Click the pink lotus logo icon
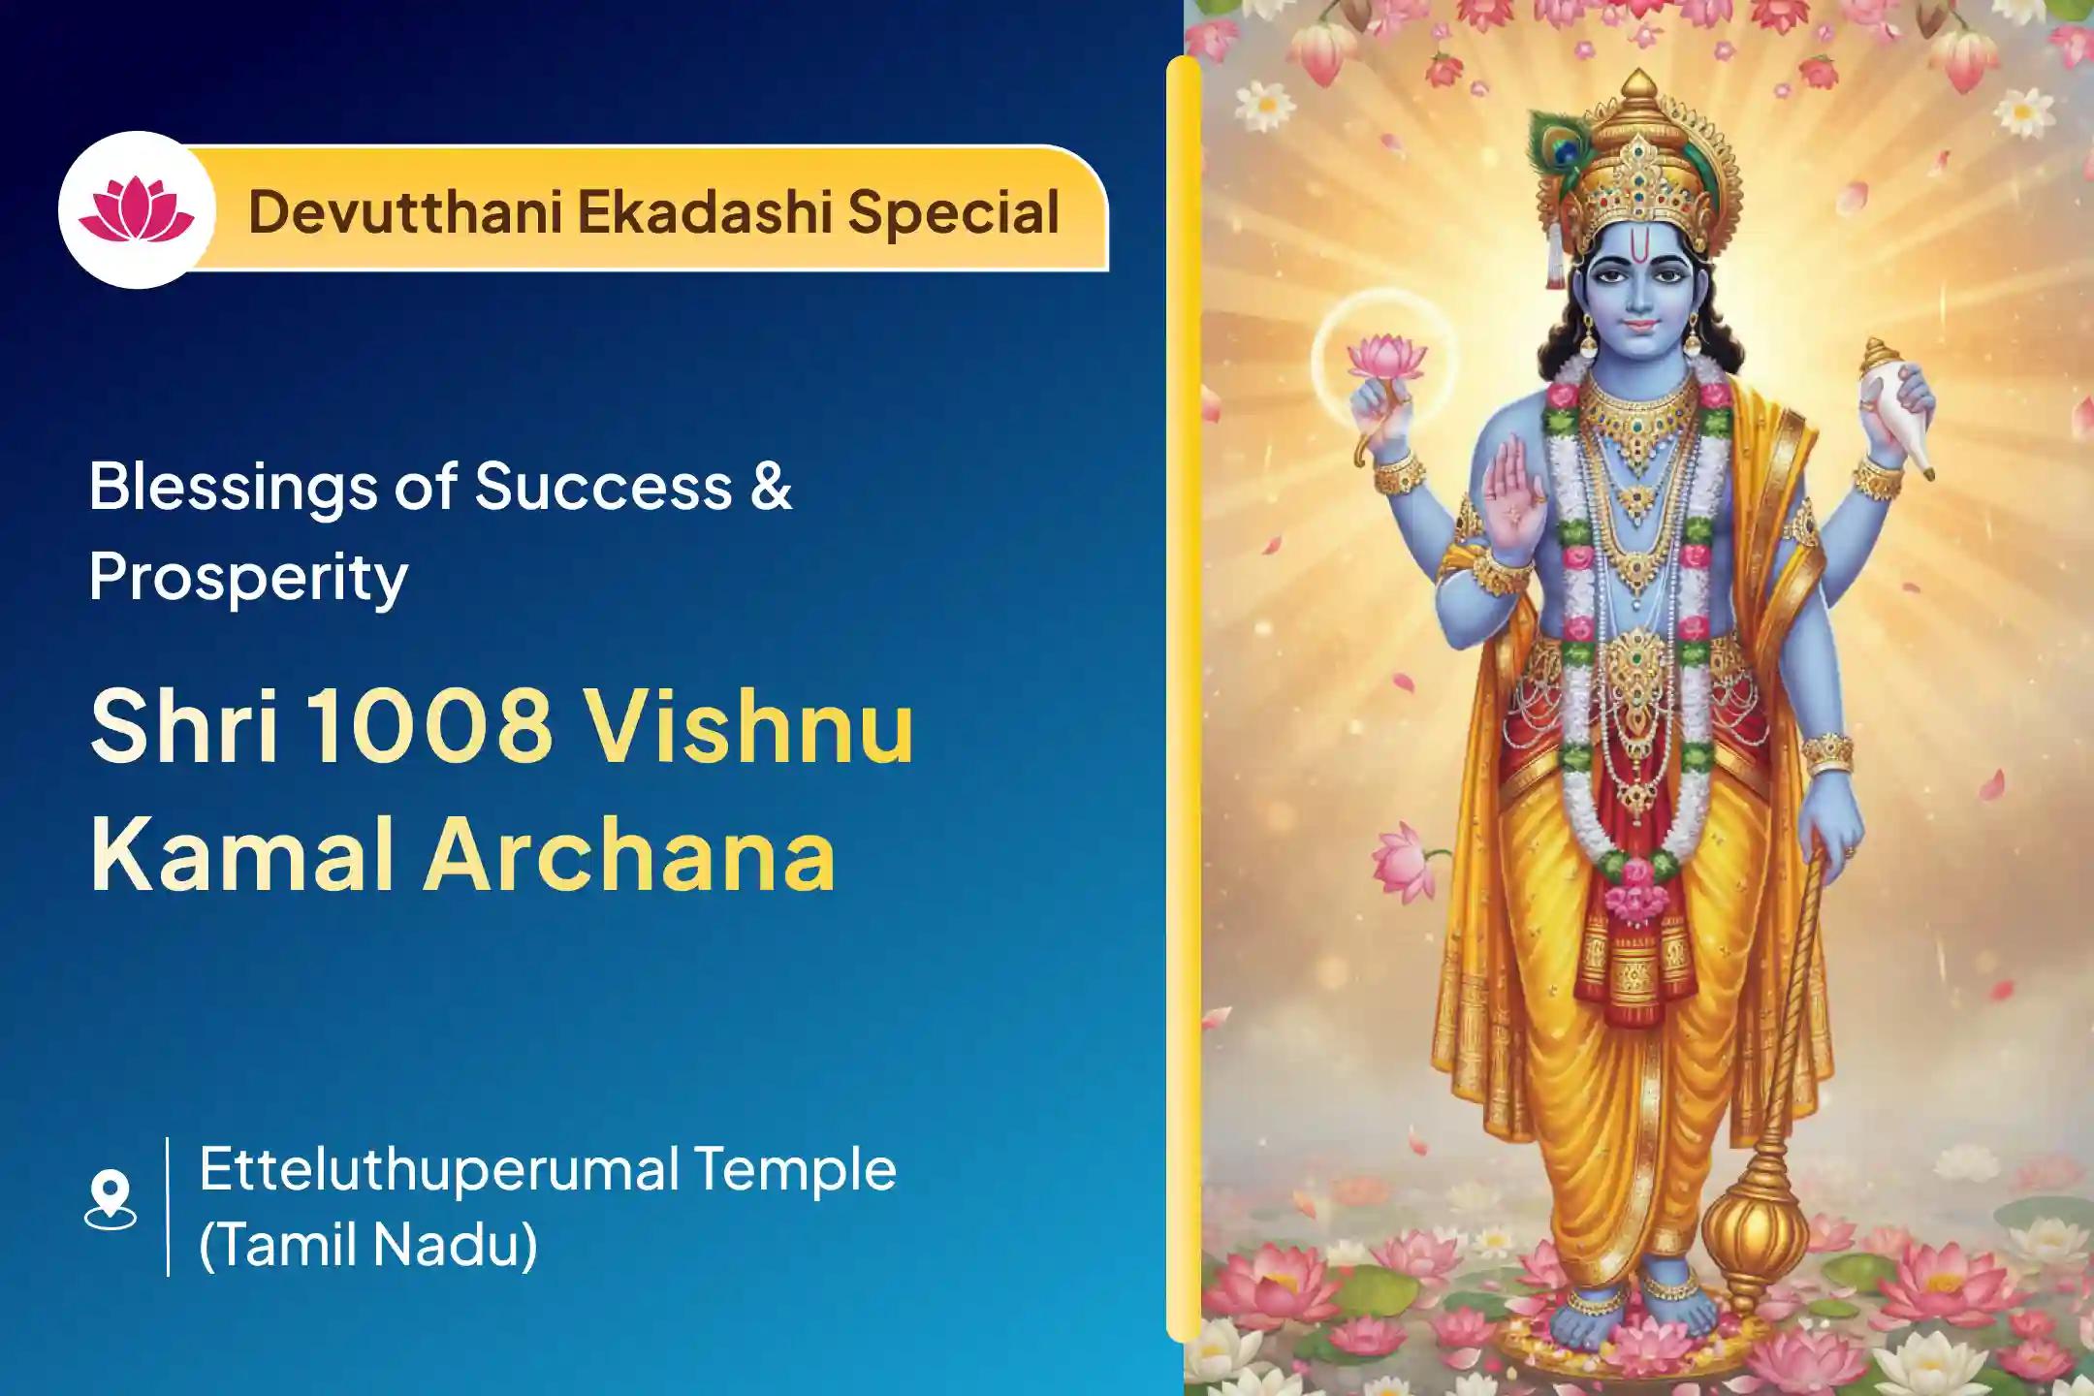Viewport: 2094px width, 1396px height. pos(136,210)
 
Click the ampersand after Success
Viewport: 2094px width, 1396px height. pos(772,486)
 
